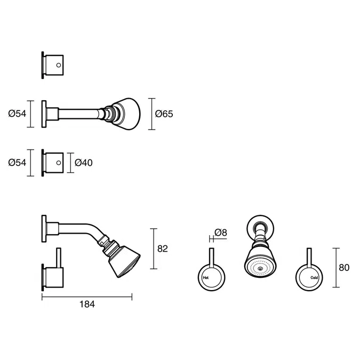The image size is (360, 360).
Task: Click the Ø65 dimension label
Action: click(x=164, y=114)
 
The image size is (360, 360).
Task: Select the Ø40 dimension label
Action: click(x=84, y=163)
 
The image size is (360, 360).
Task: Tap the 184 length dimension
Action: click(x=87, y=304)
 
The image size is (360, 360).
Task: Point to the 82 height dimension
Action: click(x=163, y=249)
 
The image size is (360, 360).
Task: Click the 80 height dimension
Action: click(x=344, y=268)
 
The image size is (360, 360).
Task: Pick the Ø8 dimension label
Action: click(x=221, y=232)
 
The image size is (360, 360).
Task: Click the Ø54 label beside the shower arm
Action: click(x=18, y=114)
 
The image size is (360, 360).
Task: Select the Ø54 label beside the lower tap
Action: click(x=18, y=163)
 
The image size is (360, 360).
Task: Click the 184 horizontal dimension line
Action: click(x=87, y=297)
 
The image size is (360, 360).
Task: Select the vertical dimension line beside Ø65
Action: click(x=152, y=114)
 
